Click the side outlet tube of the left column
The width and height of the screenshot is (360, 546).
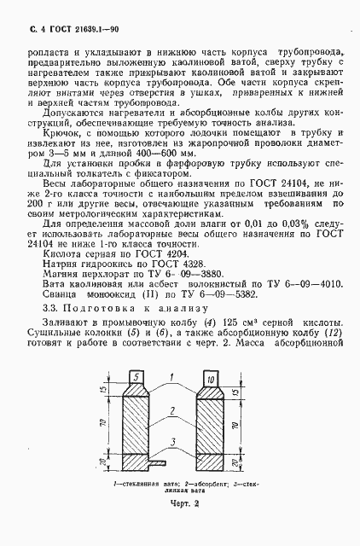[x=158, y=465]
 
